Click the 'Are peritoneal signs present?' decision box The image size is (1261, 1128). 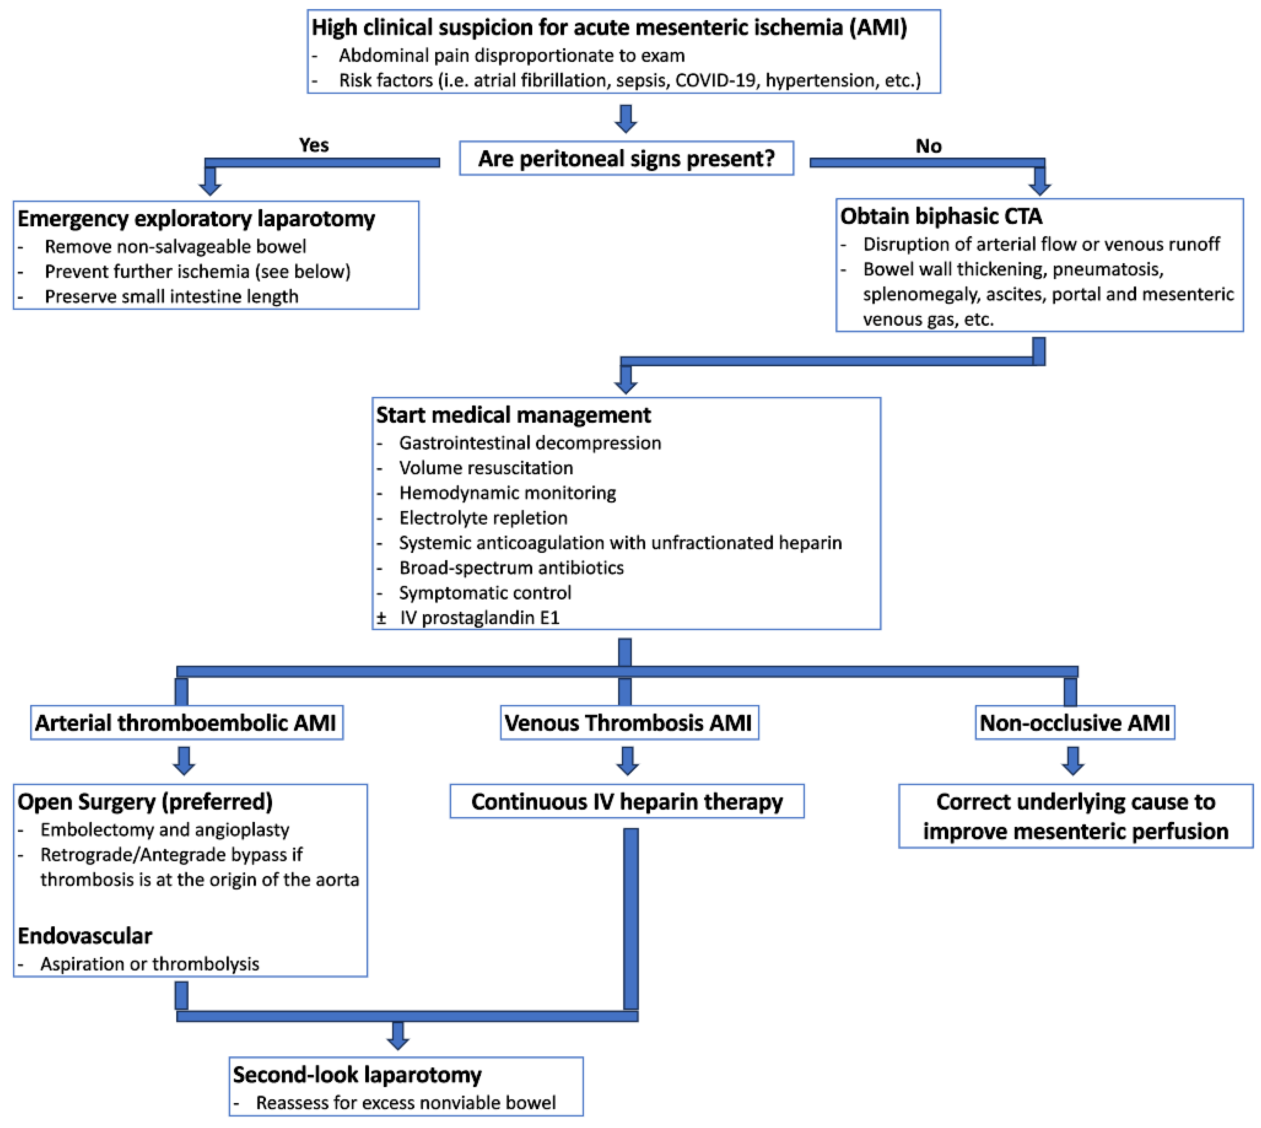tap(626, 159)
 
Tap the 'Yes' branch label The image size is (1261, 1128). tap(314, 145)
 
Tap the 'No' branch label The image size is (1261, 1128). tap(928, 146)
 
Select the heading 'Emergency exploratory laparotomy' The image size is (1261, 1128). tap(196, 219)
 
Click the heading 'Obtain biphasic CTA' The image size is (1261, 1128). tap(941, 216)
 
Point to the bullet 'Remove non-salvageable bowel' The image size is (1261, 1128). tap(175, 247)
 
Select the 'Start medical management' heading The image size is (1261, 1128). tap(513, 415)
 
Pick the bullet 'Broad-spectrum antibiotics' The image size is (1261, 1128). tap(511, 568)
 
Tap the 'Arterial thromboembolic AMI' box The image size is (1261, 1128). tap(186, 723)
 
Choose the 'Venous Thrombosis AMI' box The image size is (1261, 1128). tap(629, 723)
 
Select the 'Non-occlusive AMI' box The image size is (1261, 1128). tap(1074, 723)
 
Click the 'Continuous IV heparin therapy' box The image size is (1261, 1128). tap(627, 801)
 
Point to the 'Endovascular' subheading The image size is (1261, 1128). tap(85, 936)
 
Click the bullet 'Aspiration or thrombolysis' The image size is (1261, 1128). tap(149, 964)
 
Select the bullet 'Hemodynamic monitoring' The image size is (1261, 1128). tap(507, 493)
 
